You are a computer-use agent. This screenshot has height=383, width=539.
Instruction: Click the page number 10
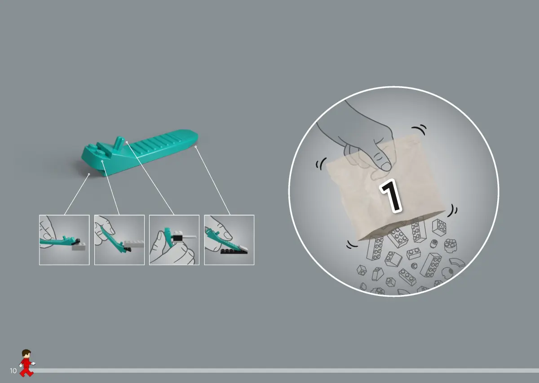click(13, 371)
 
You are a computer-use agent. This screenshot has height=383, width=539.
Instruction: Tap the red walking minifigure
click(27, 363)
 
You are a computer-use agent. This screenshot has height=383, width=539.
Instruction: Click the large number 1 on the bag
click(391, 196)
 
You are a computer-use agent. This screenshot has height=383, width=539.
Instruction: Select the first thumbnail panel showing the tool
click(64, 240)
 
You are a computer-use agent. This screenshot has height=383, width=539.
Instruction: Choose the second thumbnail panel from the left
click(119, 240)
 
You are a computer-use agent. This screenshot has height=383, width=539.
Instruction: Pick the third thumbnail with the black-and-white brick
click(174, 240)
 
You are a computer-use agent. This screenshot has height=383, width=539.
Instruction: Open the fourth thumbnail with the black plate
click(229, 240)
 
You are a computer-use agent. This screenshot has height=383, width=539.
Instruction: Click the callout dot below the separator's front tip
click(89, 174)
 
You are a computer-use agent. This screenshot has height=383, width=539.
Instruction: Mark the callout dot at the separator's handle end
click(196, 146)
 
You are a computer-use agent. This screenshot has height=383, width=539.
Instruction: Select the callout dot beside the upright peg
click(127, 142)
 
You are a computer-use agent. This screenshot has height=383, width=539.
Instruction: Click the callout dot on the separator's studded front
click(102, 161)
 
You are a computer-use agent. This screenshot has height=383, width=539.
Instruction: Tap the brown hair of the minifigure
click(26, 352)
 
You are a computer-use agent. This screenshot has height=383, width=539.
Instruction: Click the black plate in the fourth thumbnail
click(234, 251)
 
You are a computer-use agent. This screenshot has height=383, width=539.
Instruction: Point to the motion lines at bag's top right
click(420, 130)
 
